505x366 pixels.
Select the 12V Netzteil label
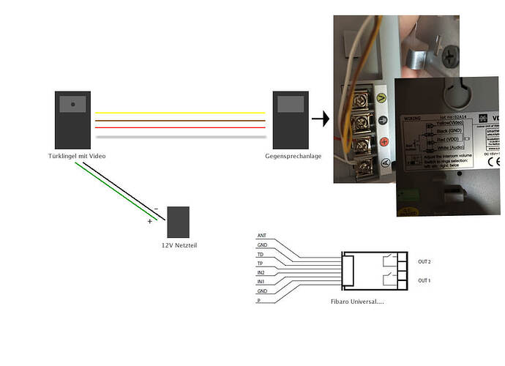click(179, 244)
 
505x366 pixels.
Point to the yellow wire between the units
click(179, 113)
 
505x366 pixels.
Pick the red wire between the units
click(179, 127)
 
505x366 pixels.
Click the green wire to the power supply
click(117, 192)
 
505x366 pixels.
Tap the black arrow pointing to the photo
click(319, 116)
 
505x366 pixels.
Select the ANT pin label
click(261, 236)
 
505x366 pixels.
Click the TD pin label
click(261, 254)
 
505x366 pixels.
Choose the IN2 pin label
click(261, 272)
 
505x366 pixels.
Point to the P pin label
click(258, 300)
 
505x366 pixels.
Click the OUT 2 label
click(424, 261)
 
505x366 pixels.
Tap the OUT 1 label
click(424, 280)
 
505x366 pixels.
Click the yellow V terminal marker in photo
click(381, 95)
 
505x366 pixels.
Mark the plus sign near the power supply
click(149, 221)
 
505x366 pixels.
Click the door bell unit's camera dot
click(73, 105)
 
